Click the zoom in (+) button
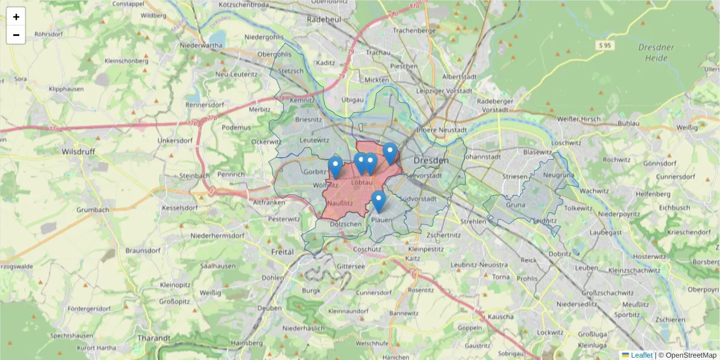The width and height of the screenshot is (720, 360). (16, 17)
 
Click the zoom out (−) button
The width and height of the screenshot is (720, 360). (16, 35)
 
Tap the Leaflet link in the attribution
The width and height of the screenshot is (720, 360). (641, 355)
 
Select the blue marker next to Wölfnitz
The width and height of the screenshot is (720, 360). (335, 167)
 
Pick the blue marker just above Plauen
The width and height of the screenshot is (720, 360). (378, 201)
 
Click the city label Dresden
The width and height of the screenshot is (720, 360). (431, 161)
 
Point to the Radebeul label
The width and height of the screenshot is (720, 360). (323, 19)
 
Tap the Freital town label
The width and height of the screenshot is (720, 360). (283, 252)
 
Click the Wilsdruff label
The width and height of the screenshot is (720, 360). (78, 152)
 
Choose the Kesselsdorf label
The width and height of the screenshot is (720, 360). (179, 208)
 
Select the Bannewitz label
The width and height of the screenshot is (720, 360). (403, 313)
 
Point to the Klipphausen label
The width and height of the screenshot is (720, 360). (66, 88)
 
